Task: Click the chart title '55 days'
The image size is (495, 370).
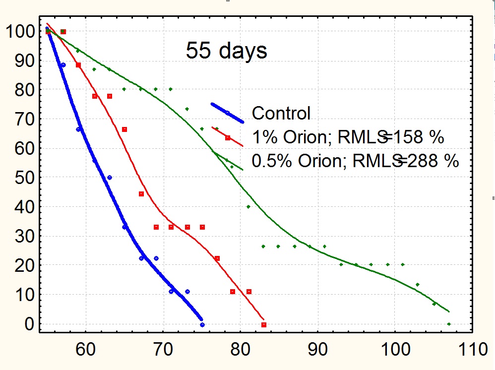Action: [x=226, y=51]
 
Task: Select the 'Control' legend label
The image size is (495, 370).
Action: [x=281, y=113]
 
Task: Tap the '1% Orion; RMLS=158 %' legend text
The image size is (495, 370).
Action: [x=348, y=137]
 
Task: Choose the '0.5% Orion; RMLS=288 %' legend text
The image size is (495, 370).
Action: [x=355, y=161]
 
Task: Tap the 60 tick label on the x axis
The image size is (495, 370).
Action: [x=86, y=349]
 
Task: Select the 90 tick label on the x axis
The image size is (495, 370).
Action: [x=318, y=349]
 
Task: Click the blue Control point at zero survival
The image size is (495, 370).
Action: [x=202, y=325]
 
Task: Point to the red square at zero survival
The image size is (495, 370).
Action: [x=264, y=325]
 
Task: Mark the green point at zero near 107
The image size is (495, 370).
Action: [x=449, y=324]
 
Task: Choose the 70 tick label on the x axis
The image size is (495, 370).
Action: [x=163, y=349]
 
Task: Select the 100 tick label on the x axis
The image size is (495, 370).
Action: [x=395, y=349]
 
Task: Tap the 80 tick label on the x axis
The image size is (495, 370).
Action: [x=241, y=349]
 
